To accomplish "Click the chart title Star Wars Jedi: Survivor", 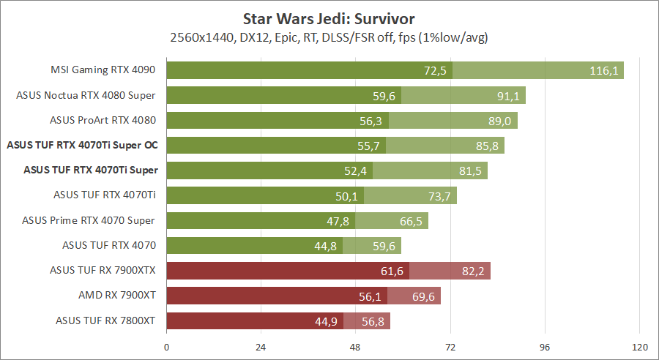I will click(329, 18).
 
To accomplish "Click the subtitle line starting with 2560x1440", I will click(329, 37).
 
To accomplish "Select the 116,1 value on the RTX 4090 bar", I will click(605, 70).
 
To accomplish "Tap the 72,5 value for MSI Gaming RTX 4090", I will click(435, 70).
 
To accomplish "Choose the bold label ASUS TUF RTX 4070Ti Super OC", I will click(82, 146).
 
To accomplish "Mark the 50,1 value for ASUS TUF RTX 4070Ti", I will click(346, 195).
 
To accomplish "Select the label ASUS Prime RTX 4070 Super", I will click(89, 220).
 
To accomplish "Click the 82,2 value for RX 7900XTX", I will click(472, 271).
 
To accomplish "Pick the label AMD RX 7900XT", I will click(118, 296).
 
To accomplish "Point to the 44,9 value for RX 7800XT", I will click(326, 320).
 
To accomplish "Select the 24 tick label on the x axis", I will click(261, 347).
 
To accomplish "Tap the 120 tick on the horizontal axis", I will click(640, 347).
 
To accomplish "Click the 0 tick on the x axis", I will click(167, 347).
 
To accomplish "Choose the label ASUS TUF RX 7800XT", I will click(106, 320).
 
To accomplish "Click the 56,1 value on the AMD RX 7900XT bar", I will click(370, 296).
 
